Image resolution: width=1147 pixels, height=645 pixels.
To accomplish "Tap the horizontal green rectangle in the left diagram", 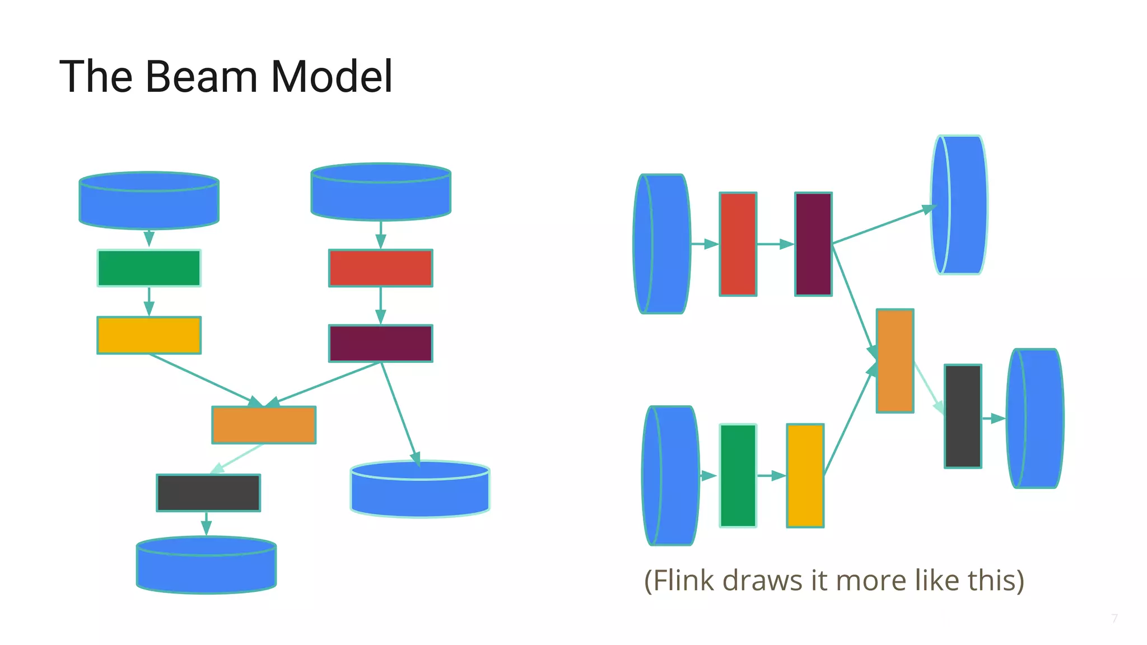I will point(149,268).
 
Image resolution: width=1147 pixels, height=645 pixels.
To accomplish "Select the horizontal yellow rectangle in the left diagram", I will point(149,335).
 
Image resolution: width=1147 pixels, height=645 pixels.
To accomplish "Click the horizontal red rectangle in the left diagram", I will point(381,268).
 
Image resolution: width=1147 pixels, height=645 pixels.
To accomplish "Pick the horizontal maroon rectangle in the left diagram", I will point(381,343).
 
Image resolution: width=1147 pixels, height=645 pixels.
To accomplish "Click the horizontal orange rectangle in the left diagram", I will point(264,425).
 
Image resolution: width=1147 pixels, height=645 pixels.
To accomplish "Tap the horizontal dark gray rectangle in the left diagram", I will point(208,493).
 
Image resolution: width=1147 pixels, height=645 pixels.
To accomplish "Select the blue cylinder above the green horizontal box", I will point(149,201).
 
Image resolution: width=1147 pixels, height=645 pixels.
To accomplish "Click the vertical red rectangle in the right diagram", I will point(738,244).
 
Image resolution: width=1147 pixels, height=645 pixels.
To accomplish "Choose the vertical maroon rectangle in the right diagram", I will point(813,244).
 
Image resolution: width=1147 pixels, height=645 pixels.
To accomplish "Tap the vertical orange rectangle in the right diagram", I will point(895,361).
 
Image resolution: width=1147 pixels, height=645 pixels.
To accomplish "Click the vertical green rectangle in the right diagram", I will point(738,475).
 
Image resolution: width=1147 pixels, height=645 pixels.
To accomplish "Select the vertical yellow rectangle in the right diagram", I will point(805,475).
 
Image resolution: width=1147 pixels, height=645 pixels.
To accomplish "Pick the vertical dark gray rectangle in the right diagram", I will point(963,416).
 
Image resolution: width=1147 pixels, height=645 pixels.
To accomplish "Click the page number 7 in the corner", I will point(1115,618).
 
